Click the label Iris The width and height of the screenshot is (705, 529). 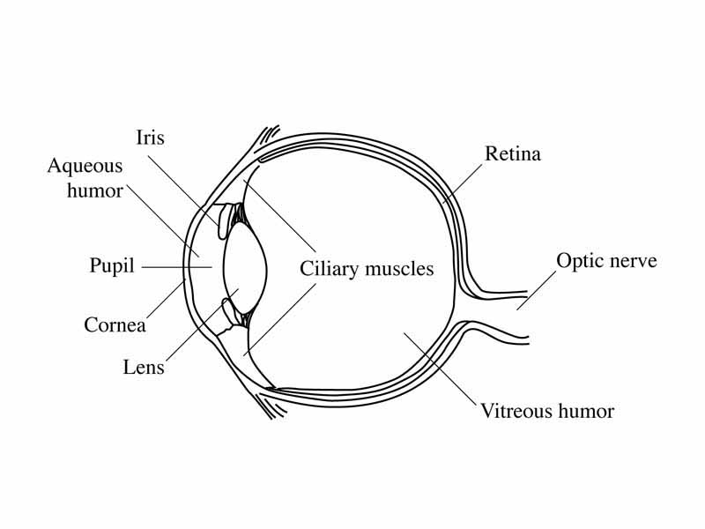150,138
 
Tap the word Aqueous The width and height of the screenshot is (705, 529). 85,167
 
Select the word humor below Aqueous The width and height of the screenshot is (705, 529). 95,190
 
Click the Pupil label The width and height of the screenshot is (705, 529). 112,265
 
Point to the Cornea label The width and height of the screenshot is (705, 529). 115,324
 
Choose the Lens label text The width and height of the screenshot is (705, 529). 144,367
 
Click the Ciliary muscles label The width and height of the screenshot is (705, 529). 367,268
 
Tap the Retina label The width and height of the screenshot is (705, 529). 513,154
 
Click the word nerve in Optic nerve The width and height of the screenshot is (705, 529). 633,261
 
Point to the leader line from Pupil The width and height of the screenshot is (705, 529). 176,266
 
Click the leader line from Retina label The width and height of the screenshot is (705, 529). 463,184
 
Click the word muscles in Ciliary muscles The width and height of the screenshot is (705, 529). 400,268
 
